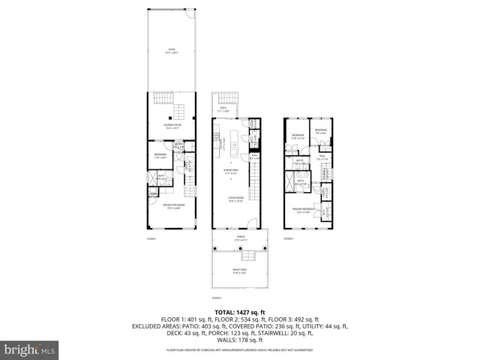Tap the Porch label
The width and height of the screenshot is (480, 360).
click(x=241, y=238)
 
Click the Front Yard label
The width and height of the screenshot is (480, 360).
click(x=241, y=272)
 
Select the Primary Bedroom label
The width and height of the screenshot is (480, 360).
click(x=304, y=211)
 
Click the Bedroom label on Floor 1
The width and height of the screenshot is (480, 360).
click(x=160, y=157)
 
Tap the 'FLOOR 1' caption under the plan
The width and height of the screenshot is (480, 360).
click(x=152, y=238)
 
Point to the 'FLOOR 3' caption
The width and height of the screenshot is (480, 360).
click(x=289, y=238)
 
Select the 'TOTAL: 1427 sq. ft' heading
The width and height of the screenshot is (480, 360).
click(x=240, y=312)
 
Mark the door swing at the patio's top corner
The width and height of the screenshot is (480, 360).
click(x=192, y=15)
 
